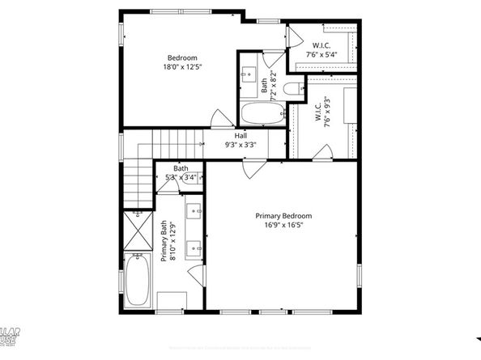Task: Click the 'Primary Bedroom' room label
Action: point(283,216)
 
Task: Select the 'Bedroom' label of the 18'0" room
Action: point(182,58)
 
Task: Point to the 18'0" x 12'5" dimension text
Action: point(182,69)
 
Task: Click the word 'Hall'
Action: point(240,136)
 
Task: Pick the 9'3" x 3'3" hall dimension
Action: point(240,146)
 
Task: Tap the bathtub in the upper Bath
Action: point(260,112)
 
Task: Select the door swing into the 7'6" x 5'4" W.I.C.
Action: point(296,36)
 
